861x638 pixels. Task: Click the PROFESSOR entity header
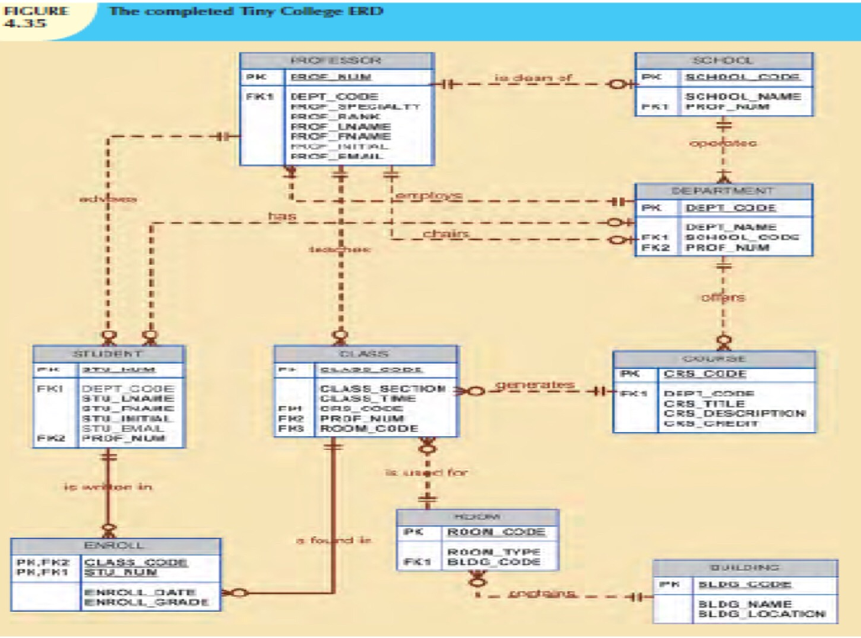pyautogui.click(x=336, y=61)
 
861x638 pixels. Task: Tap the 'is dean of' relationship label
pyautogui.click(x=533, y=78)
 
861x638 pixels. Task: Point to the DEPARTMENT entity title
pyautogui.click(x=723, y=191)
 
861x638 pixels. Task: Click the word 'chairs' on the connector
pyautogui.click(x=446, y=234)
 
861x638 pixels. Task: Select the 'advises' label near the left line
pyautogui.click(x=108, y=199)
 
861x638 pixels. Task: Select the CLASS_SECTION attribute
pyautogui.click(x=383, y=388)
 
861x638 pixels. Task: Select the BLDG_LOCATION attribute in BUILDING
pyautogui.click(x=762, y=614)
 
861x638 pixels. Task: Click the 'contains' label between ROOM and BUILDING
pyautogui.click(x=542, y=593)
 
